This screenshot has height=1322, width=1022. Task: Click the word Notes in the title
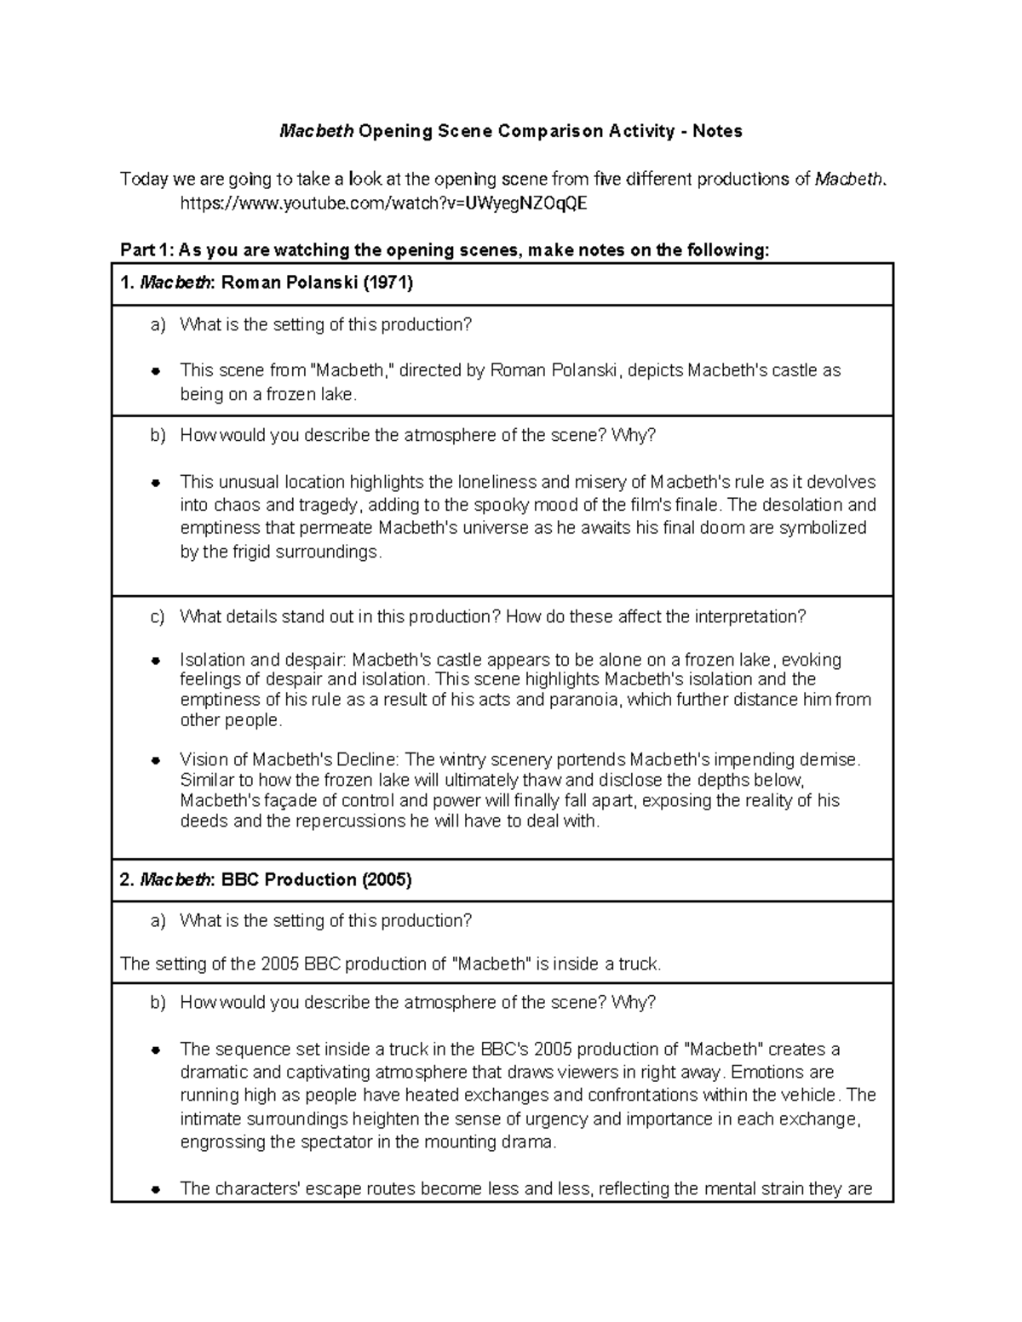717,131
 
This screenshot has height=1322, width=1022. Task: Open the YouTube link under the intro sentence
383,203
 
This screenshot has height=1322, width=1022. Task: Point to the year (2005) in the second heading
387,879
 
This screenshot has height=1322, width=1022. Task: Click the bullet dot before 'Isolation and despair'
156,661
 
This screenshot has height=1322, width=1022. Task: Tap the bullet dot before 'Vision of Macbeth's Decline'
156,760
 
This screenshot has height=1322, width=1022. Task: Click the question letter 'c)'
157,616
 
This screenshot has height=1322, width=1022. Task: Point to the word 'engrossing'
222,1142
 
